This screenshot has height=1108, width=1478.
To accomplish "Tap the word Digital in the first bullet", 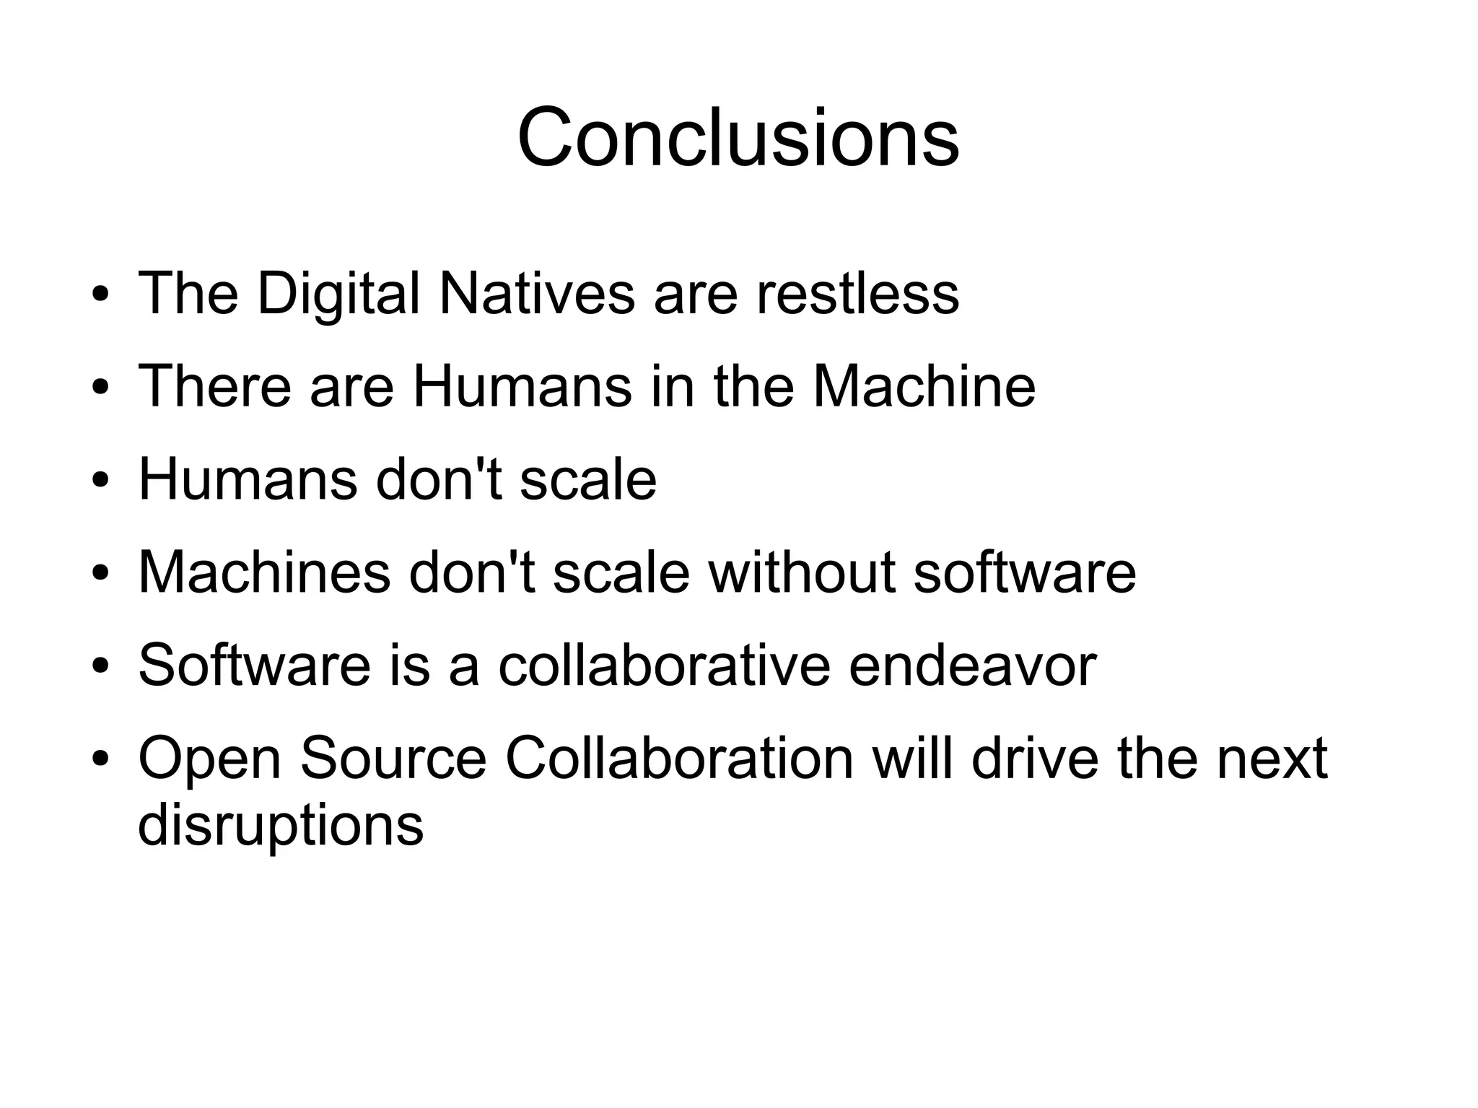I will point(338,294).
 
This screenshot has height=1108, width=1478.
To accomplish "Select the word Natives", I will point(537,294).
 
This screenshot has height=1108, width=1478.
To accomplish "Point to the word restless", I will point(857,294).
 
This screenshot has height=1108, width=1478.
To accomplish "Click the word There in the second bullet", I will point(215,387).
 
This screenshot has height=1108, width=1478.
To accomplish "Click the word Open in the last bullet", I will point(209,759).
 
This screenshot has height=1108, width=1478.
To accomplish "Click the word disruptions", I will point(281,826).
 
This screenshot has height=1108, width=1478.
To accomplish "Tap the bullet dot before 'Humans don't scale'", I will point(100,481).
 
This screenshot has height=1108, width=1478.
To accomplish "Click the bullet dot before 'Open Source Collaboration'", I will point(100,759).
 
